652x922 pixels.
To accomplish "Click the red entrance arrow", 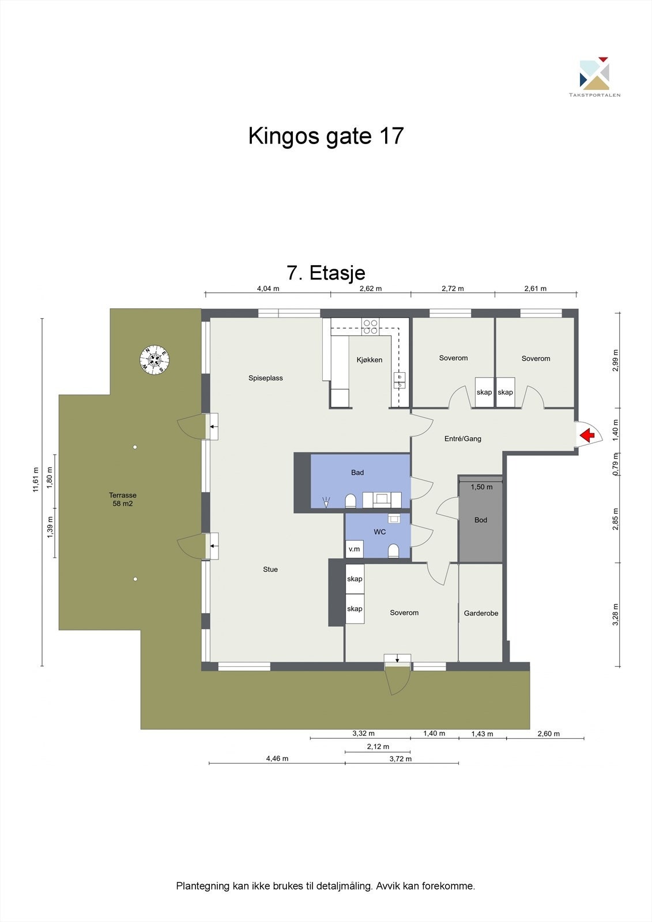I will point(587,436).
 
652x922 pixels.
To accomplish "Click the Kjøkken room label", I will point(370,360).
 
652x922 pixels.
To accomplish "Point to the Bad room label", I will point(357,473).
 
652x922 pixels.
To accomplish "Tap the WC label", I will point(380,532).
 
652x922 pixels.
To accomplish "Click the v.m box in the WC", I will point(354,549).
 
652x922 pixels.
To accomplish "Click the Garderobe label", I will point(481,613).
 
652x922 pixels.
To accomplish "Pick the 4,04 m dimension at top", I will point(267,289).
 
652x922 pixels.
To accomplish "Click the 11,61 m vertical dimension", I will point(36,479).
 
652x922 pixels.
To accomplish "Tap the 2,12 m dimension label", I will point(378,747).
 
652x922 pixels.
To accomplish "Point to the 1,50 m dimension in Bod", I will point(481,487).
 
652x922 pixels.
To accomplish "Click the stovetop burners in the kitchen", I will point(371,327).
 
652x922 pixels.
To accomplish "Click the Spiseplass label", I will point(265,378).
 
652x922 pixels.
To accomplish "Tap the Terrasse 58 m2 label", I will point(123,499).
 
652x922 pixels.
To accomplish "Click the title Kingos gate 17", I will point(326,136).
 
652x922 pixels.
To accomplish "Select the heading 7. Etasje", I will point(326,273).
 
